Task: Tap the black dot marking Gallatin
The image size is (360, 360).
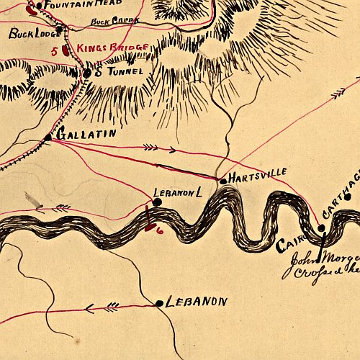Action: pos(48,137)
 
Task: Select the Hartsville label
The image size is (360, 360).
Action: pos(258,173)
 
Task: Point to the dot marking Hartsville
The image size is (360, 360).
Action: pos(222,180)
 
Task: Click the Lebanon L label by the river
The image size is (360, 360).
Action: pos(176,193)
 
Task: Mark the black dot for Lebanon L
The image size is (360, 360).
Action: pos(157,202)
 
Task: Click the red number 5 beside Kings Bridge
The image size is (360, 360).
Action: pos(55,51)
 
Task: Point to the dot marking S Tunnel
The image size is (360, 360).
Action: pos(87,73)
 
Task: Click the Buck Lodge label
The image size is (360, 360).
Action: pos(30,33)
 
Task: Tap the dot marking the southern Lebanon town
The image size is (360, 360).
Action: pos(159,304)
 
